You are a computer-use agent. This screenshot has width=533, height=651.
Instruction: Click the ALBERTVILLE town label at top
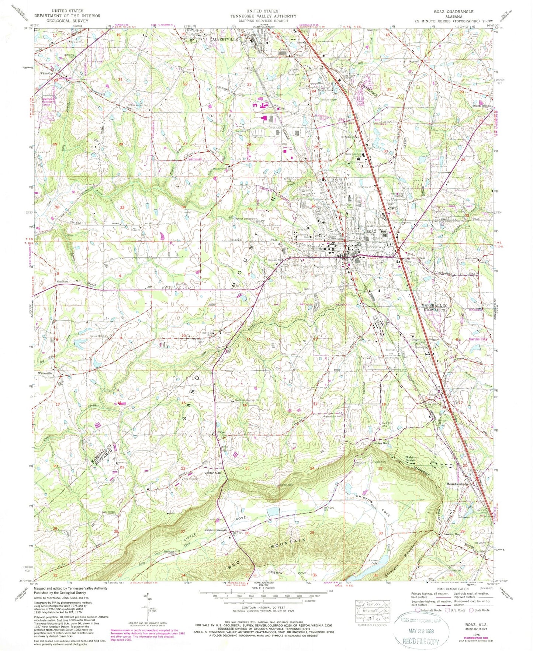(224, 38)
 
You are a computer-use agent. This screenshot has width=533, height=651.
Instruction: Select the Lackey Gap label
(381, 443)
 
